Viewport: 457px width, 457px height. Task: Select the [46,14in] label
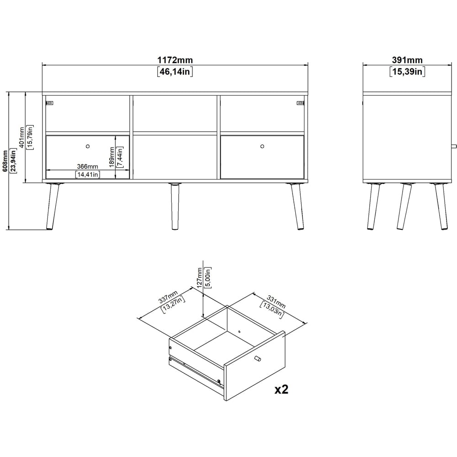tap(175, 71)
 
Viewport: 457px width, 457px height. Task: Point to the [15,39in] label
tap(407, 71)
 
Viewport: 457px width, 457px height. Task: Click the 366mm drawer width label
tap(87, 166)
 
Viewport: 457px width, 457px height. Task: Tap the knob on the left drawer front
tap(87, 146)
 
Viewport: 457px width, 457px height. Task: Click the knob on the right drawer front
tap(262, 146)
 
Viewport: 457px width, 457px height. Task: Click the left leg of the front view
tap(53, 207)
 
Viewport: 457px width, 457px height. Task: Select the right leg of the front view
tap(296, 207)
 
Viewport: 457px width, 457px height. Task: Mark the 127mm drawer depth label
tap(199, 276)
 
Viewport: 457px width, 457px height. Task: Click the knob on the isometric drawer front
tap(257, 358)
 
